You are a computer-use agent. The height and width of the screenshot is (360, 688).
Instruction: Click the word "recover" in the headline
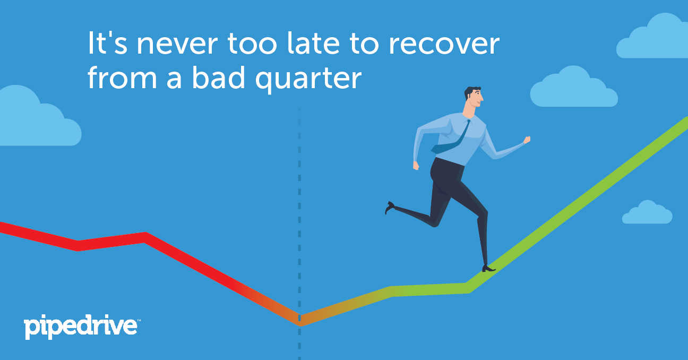[x=444, y=45]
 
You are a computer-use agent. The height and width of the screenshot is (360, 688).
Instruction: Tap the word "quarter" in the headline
[x=308, y=79]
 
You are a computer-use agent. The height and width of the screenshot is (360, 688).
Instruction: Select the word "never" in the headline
[x=177, y=45]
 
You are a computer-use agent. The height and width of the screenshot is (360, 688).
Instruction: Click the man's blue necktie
[x=451, y=138]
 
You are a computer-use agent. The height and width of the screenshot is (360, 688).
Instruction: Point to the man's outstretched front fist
[x=527, y=140]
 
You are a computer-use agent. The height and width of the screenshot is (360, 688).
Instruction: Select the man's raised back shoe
[x=390, y=207]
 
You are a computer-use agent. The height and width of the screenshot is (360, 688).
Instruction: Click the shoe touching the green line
[x=488, y=269]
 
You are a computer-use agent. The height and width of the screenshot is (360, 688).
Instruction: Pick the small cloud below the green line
[x=647, y=212]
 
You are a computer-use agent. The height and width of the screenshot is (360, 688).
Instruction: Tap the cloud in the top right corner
[x=652, y=37]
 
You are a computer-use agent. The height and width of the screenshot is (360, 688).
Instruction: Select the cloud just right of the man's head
[x=574, y=87]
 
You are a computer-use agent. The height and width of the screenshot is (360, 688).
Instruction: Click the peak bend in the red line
[x=146, y=237]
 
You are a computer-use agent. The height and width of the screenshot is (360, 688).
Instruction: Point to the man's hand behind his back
[x=416, y=166]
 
